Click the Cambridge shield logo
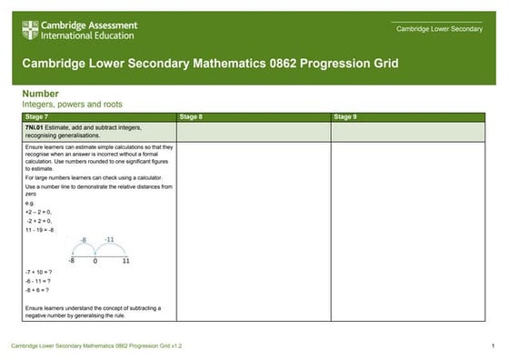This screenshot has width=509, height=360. pos(30,30)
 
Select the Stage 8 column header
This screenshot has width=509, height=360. pos(191,117)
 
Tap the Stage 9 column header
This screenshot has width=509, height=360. pos(344,117)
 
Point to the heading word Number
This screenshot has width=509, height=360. pos(41,94)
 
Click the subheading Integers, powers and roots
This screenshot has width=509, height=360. pos(72,105)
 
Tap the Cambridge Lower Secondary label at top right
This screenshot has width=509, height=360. pos(439,30)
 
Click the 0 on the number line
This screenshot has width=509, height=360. pos(95,260)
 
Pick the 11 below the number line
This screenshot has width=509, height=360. pos(125,260)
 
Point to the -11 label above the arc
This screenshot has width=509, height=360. pos(108,239)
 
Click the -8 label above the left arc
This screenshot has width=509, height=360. pos(83,240)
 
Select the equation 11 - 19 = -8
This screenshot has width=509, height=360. pos(40,230)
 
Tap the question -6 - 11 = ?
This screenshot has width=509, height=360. pos(38,281)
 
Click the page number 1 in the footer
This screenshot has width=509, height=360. pos(492,346)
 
